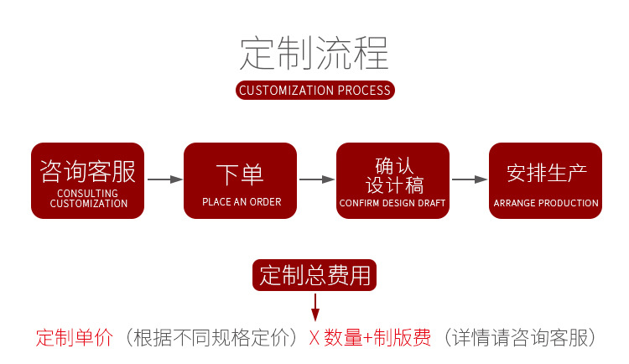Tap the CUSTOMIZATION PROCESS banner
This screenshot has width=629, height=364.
314,91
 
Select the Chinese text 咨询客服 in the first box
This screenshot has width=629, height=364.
87,173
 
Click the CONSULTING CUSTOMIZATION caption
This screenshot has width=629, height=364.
87,199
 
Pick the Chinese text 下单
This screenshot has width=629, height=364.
240,174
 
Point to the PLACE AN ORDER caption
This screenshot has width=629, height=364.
242,202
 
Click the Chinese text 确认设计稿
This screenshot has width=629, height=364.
392,175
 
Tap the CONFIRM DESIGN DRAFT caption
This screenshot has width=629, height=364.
392,204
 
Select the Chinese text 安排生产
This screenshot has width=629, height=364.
546,174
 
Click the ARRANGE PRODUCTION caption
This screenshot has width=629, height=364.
546,204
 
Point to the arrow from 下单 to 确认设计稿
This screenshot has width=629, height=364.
316,179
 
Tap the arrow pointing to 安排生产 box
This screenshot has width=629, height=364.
469,179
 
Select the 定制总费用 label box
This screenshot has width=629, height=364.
314,275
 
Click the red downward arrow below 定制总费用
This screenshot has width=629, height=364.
314,308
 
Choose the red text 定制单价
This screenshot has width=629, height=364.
74,338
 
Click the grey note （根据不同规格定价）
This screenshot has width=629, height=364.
211,338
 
